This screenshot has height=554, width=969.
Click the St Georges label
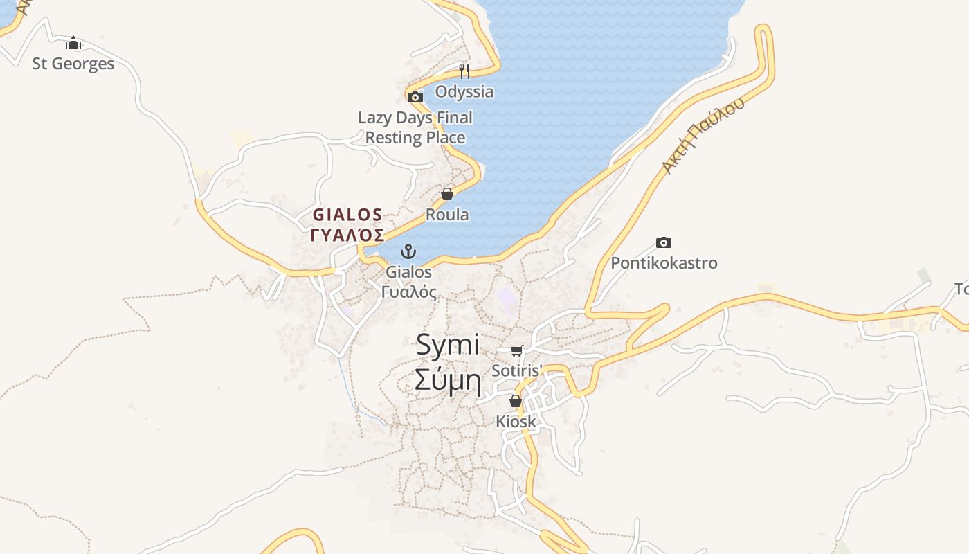point(73,64)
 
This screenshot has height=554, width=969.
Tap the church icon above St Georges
point(73,44)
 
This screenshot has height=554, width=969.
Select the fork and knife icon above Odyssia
point(464,71)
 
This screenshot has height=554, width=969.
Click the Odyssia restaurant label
point(464,91)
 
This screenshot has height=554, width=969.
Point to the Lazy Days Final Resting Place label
point(415,127)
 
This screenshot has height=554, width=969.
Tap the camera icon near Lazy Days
point(415,98)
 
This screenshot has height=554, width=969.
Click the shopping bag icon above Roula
point(447,194)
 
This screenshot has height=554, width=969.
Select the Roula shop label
point(447,215)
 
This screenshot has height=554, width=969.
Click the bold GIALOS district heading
point(347,214)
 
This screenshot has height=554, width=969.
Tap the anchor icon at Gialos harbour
point(409,251)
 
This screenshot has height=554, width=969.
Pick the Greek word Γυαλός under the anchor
point(409,292)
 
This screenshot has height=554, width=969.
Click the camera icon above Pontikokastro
point(664,242)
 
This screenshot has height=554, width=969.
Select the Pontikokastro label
point(664,263)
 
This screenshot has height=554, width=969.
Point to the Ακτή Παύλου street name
point(703,136)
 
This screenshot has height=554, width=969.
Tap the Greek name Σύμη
point(448,380)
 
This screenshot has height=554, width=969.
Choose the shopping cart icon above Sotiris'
point(516,350)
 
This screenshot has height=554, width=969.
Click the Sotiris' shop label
point(516,370)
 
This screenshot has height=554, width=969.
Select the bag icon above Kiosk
point(516,401)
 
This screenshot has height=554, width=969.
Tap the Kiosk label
point(516,421)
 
